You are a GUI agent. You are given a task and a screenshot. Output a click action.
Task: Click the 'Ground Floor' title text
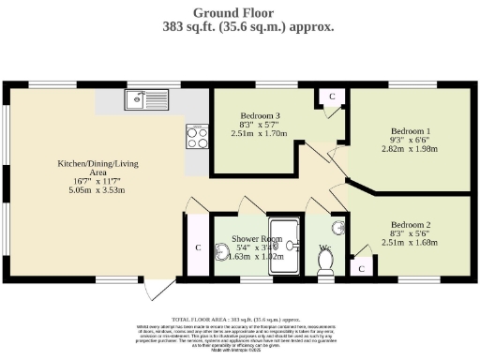[239, 12]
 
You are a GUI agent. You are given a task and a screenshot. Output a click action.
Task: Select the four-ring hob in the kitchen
[198, 138]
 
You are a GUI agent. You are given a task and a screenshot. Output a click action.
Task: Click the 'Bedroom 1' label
[410, 131]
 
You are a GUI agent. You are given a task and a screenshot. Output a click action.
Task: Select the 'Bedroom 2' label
[411, 225]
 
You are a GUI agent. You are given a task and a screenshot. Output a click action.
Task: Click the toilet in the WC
[326, 266]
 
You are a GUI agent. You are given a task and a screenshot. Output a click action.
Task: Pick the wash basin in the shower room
[222, 247]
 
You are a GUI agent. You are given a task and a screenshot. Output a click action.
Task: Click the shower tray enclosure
[286, 247]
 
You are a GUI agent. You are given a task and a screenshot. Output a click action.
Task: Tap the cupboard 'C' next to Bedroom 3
[331, 97]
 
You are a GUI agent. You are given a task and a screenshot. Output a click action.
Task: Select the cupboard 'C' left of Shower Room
[198, 247]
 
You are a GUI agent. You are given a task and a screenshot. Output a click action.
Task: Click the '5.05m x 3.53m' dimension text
[97, 190]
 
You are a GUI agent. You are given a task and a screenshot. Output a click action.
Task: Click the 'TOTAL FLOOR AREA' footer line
[240, 320]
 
